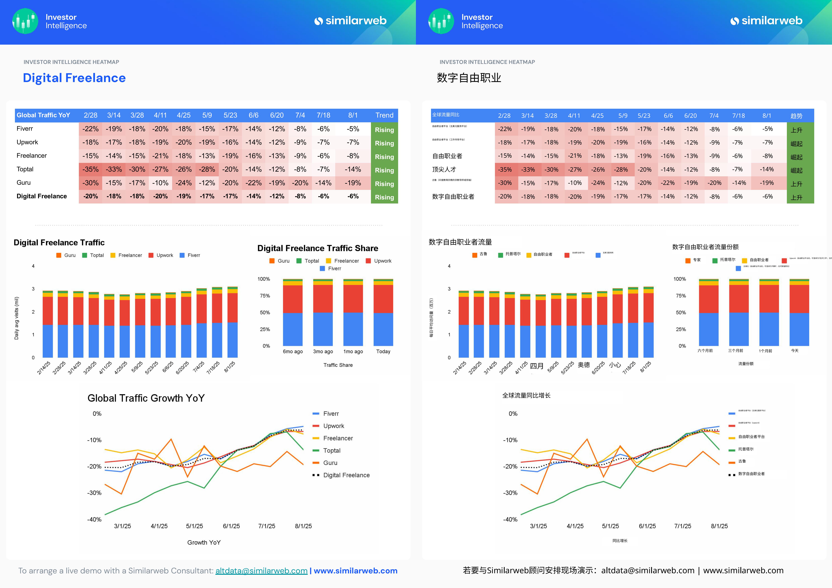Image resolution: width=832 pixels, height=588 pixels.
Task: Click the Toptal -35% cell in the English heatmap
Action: (90, 169)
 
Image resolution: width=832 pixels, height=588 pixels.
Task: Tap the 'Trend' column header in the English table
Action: (384, 115)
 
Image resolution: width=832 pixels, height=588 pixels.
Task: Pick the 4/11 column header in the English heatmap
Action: (160, 115)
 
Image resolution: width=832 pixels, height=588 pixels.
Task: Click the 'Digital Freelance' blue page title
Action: (74, 78)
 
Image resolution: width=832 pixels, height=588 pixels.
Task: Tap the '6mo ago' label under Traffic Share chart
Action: (293, 351)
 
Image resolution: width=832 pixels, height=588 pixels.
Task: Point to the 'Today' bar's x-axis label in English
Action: (383, 351)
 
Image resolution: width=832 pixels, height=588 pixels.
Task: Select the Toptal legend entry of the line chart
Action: (332, 450)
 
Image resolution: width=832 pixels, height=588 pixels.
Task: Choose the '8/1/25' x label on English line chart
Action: (303, 526)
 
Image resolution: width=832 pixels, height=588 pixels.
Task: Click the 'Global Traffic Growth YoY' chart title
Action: (146, 398)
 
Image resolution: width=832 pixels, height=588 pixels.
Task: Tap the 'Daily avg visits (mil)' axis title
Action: (16, 318)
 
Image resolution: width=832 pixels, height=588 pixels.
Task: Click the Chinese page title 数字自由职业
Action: (469, 78)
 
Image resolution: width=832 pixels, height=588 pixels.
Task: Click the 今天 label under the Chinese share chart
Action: (795, 351)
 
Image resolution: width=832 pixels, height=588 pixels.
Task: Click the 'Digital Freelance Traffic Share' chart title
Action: (317, 248)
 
